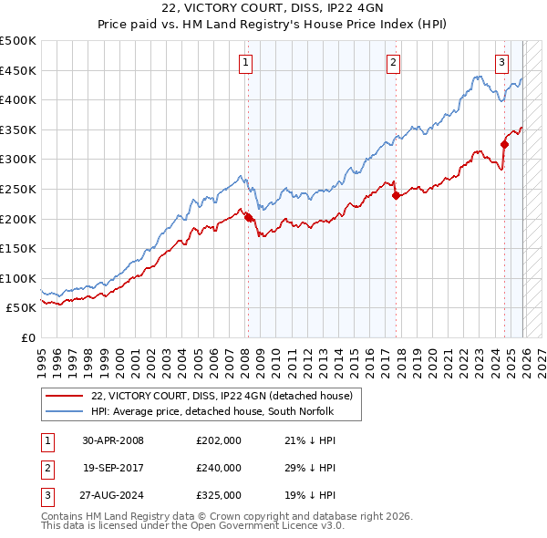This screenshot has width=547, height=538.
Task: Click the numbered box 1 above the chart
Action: tap(247, 63)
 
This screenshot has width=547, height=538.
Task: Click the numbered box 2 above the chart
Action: tap(393, 63)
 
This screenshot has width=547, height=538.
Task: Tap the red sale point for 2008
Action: tap(248, 217)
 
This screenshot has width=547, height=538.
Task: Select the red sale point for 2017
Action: tap(395, 195)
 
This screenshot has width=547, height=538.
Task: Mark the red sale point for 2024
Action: tap(504, 144)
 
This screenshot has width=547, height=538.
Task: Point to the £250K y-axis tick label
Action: tap(18, 189)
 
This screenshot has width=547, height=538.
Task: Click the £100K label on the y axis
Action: tap(18, 278)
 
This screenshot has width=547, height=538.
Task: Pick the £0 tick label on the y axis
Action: tap(28, 337)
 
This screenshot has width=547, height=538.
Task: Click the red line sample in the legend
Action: tap(64, 395)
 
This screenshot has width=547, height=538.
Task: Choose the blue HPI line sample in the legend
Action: tap(64, 411)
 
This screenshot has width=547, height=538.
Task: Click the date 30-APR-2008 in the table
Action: tap(113, 440)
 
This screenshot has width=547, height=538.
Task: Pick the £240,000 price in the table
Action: tap(219, 467)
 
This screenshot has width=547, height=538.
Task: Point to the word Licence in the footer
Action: tap(293, 525)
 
